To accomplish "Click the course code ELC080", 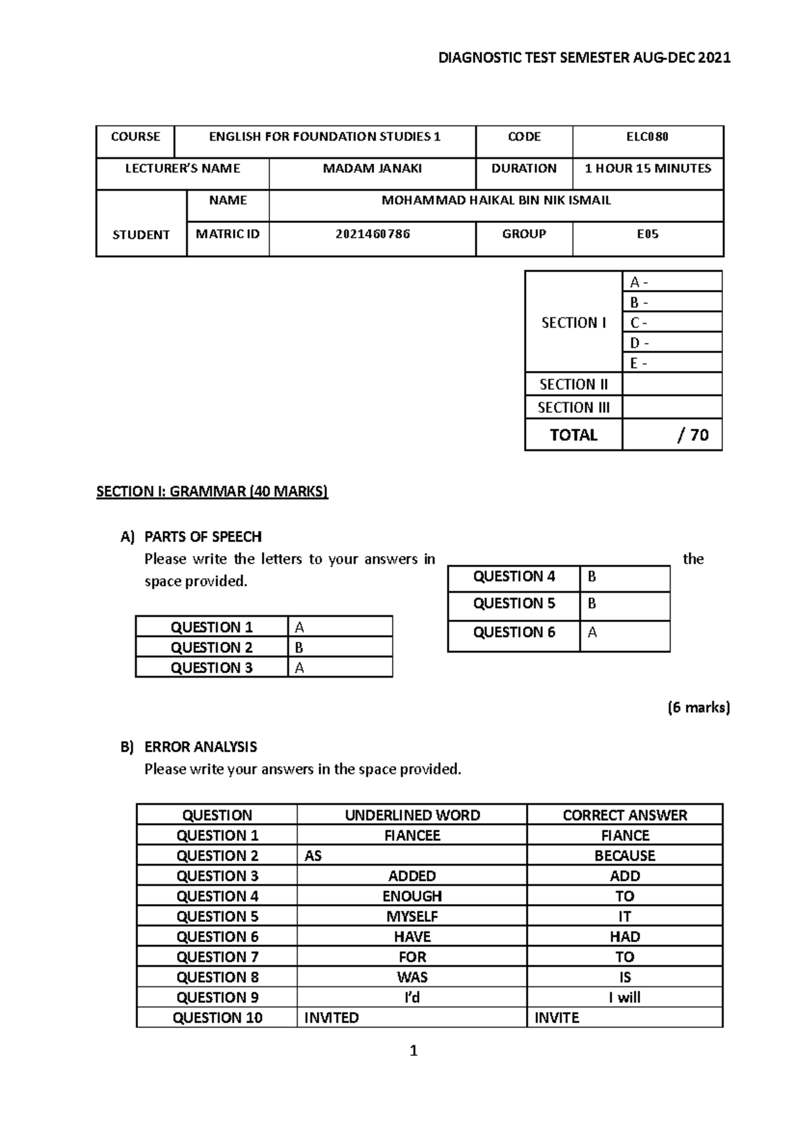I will pyautogui.click(x=647, y=137).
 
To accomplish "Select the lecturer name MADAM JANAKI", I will pyautogui.click(x=372, y=169).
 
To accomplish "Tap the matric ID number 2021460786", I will pyautogui.click(x=372, y=234).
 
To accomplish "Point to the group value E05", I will pyautogui.click(x=647, y=234).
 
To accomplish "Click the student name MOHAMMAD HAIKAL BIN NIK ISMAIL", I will pyautogui.click(x=496, y=200).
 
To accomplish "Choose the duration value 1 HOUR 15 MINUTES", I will pyautogui.click(x=647, y=169).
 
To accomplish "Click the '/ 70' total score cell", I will pyautogui.click(x=693, y=435).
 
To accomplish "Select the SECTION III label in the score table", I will pyautogui.click(x=573, y=408).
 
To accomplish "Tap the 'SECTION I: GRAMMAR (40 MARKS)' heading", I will pyautogui.click(x=212, y=492).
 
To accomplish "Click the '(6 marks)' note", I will pyautogui.click(x=698, y=708).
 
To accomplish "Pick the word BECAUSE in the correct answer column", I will pyautogui.click(x=624, y=856).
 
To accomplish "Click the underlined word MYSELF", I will pyautogui.click(x=412, y=917).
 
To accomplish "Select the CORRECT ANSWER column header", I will pyautogui.click(x=624, y=815).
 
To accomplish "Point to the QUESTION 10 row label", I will pyautogui.click(x=217, y=1017).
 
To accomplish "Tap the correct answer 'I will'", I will pyautogui.click(x=624, y=998).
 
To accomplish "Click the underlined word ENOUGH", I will pyautogui.click(x=412, y=896).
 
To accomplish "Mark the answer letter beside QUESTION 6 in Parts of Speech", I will pyautogui.click(x=592, y=633).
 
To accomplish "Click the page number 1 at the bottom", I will pyautogui.click(x=414, y=1051).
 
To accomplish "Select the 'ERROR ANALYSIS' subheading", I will pyautogui.click(x=200, y=747).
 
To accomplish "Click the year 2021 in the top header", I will pyautogui.click(x=714, y=58).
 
